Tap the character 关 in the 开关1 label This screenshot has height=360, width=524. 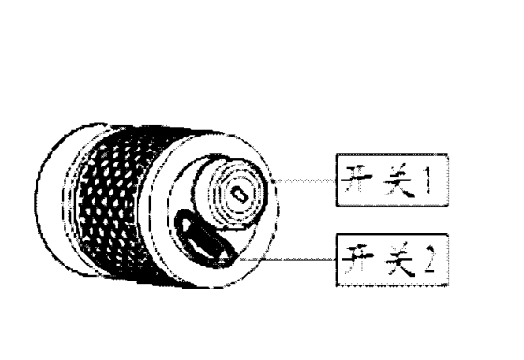coord(398,180)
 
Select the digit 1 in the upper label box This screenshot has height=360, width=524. coord(429,180)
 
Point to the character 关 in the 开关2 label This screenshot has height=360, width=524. coord(399,260)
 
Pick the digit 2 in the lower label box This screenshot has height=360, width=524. coord(429,260)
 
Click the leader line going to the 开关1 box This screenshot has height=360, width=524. coord(304,181)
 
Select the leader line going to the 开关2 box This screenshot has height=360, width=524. coord(288,260)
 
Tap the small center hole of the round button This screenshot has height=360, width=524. coord(240,194)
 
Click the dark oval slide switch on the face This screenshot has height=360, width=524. coord(206,239)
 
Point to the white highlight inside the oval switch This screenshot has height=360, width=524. coord(204,244)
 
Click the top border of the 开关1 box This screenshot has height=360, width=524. coord(392,155)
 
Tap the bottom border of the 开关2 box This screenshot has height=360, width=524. coord(392,285)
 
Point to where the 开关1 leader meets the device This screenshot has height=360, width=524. coord(272,181)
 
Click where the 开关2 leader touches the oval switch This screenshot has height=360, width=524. coord(239,259)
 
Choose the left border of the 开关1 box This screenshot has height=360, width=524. coord(337,180)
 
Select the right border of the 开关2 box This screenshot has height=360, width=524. coord(447,260)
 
